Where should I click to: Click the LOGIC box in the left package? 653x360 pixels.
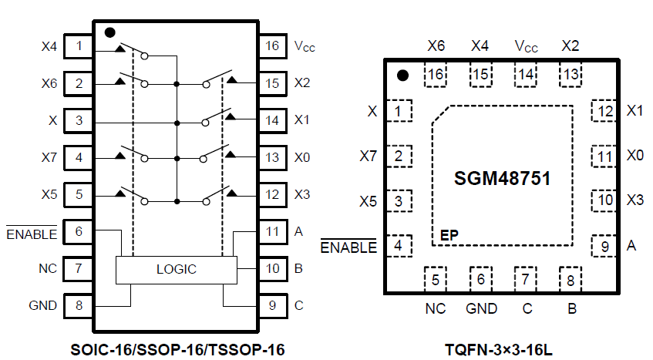click(x=176, y=270)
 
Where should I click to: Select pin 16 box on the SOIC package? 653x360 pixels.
click(x=272, y=45)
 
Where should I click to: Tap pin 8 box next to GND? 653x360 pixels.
click(x=79, y=305)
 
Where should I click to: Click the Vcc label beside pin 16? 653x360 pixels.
click(x=305, y=46)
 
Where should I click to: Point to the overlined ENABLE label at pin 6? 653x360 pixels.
click(x=32, y=233)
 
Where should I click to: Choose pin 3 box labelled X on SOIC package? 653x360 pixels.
click(x=79, y=120)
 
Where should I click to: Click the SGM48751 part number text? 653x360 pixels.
click(x=502, y=179)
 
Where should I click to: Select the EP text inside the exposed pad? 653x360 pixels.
click(x=449, y=234)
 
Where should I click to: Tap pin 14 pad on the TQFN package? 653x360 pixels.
click(x=526, y=74)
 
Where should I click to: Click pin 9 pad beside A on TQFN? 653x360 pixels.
click(x=604, y=246)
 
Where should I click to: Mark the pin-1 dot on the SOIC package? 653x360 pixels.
click(x=109, y=33)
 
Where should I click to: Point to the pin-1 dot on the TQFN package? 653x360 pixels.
click(x=402, y=76)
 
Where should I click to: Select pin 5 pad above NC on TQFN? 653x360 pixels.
click(x=436, y=279)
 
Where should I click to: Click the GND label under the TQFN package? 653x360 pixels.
click(x=481, y=309)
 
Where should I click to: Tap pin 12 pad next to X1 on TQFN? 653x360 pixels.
click(x=604, y=111)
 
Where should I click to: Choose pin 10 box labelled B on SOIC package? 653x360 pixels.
click(x=272, y=268)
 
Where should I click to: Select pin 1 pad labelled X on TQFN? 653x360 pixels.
click(x=398, y=112)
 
